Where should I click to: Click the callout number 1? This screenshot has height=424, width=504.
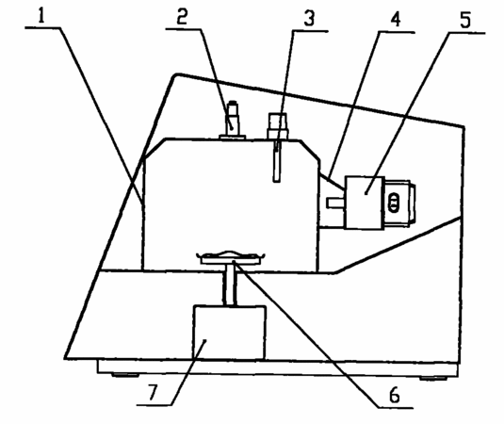41,16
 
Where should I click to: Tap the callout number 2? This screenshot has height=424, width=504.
182,17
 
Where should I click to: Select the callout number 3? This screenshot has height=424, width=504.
309,19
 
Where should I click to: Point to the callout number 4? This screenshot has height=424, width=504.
396,19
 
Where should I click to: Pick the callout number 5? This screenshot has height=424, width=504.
465,20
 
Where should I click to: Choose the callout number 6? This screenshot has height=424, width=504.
394,395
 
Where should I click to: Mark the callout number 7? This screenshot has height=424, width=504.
154,393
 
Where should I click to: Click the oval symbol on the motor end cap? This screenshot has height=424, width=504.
394,203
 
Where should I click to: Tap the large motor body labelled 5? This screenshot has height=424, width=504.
365,203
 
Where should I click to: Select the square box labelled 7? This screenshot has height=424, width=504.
229,332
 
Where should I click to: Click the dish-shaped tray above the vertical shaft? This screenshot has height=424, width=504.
230,257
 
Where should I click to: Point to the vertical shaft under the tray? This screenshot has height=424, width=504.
230,285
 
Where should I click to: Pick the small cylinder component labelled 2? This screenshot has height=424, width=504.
233,121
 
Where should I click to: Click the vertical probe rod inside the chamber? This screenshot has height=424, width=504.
277,161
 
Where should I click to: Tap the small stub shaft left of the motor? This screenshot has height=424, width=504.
336,203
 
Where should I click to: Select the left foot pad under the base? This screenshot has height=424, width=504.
125,375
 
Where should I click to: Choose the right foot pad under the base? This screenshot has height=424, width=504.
433,379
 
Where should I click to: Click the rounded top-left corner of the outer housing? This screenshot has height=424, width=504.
176,76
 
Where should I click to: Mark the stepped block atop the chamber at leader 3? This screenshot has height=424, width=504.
278,126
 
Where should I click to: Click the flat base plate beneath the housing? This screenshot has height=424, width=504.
278,368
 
